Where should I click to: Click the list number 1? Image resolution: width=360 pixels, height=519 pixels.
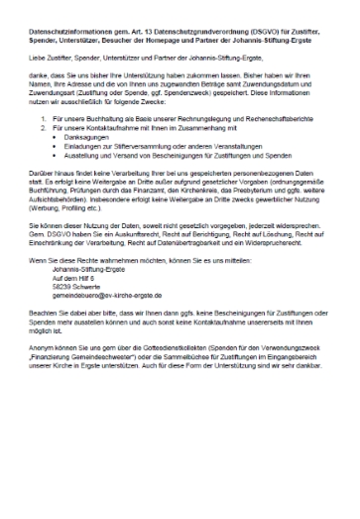tap(42, 118)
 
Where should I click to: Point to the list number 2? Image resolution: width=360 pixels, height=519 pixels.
tap(42, 127)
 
